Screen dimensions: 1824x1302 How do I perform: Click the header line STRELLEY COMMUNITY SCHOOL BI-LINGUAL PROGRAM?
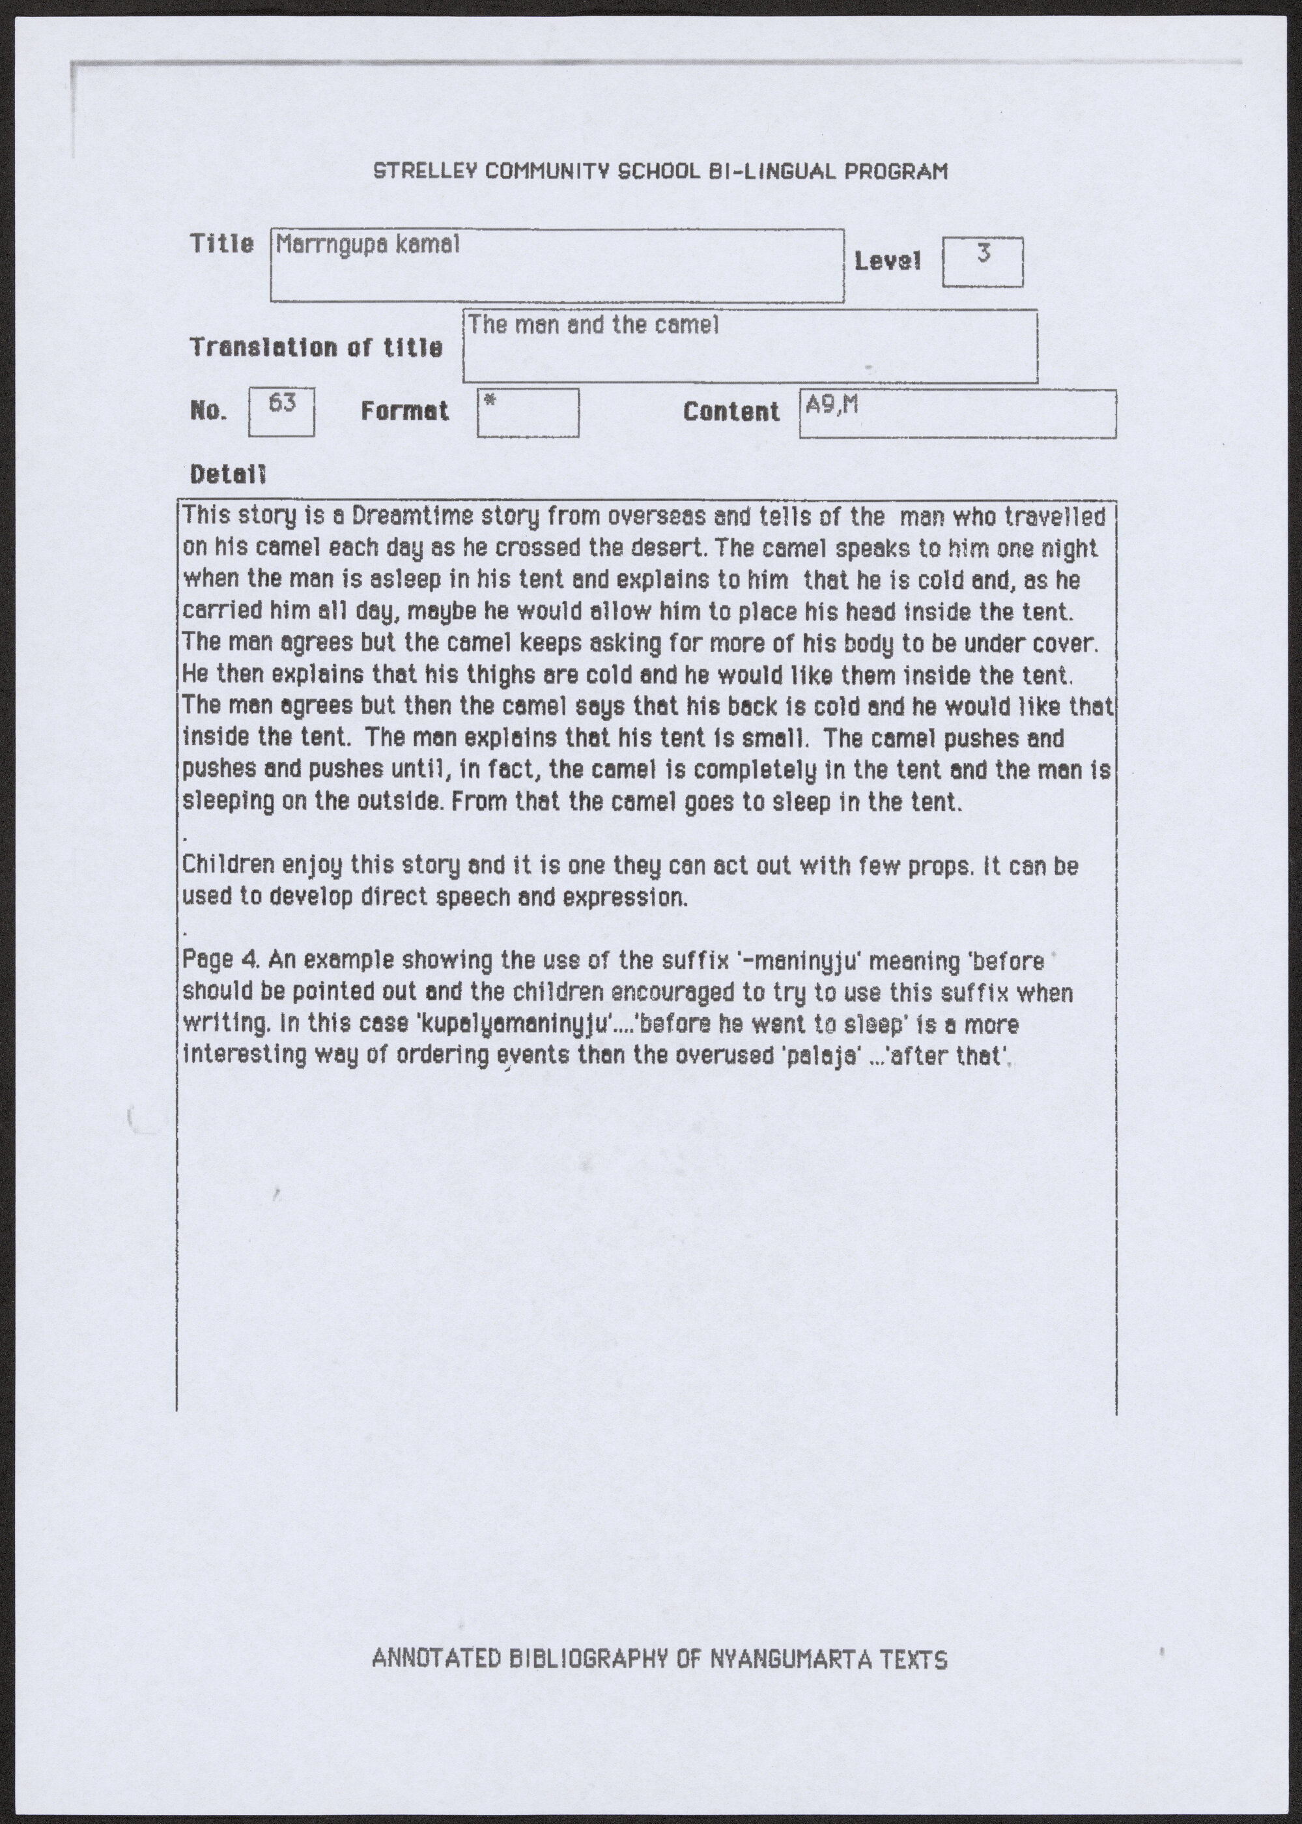tap(660, 171)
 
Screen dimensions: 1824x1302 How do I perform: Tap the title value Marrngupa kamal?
tap(367, 244)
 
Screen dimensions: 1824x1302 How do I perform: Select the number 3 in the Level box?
tap(984, 253)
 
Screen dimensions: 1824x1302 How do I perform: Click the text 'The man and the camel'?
tap(593, 325)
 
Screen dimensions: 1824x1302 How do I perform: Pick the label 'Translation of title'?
tap(316, 347)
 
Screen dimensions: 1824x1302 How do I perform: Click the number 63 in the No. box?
tap(281, 403)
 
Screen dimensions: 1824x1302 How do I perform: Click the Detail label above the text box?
tap(228, 475)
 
